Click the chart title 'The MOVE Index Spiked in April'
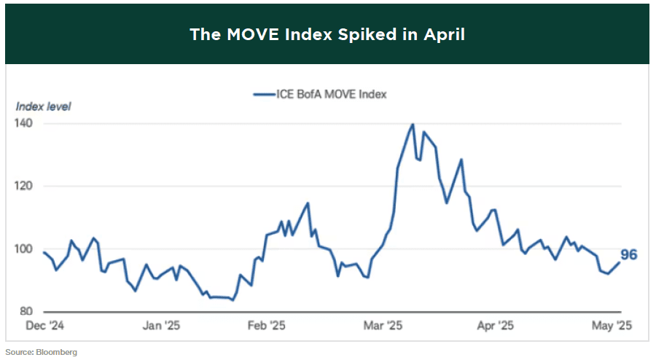[327, 34]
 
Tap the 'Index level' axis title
[43, 106]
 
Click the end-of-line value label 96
[629, 255]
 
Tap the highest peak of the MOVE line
[413, 124]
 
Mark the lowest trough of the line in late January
[232, 300]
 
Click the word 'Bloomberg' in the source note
[59, 352]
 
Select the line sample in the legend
[262, 94]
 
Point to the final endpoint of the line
[620, 262]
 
